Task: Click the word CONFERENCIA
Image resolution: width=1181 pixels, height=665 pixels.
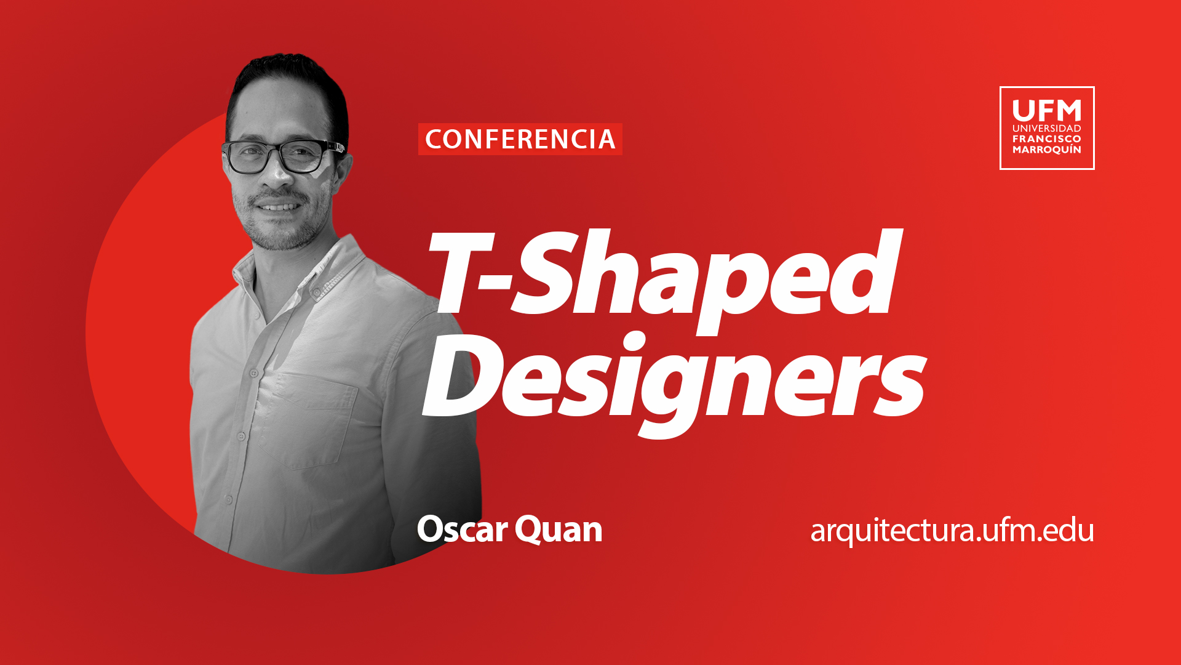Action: click(520, 139)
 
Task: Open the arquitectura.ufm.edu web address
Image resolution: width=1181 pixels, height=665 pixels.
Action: click(952, 531)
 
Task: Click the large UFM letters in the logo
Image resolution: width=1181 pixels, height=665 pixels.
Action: click(1047, 111)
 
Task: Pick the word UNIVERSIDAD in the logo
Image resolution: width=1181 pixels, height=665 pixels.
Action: click(1047, 128)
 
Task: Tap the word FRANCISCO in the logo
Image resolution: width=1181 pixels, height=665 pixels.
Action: click(1047, 139)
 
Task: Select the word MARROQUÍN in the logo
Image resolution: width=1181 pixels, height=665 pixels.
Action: click(1047, 150)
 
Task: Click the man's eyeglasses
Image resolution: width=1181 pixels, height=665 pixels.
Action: click(283, 156)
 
